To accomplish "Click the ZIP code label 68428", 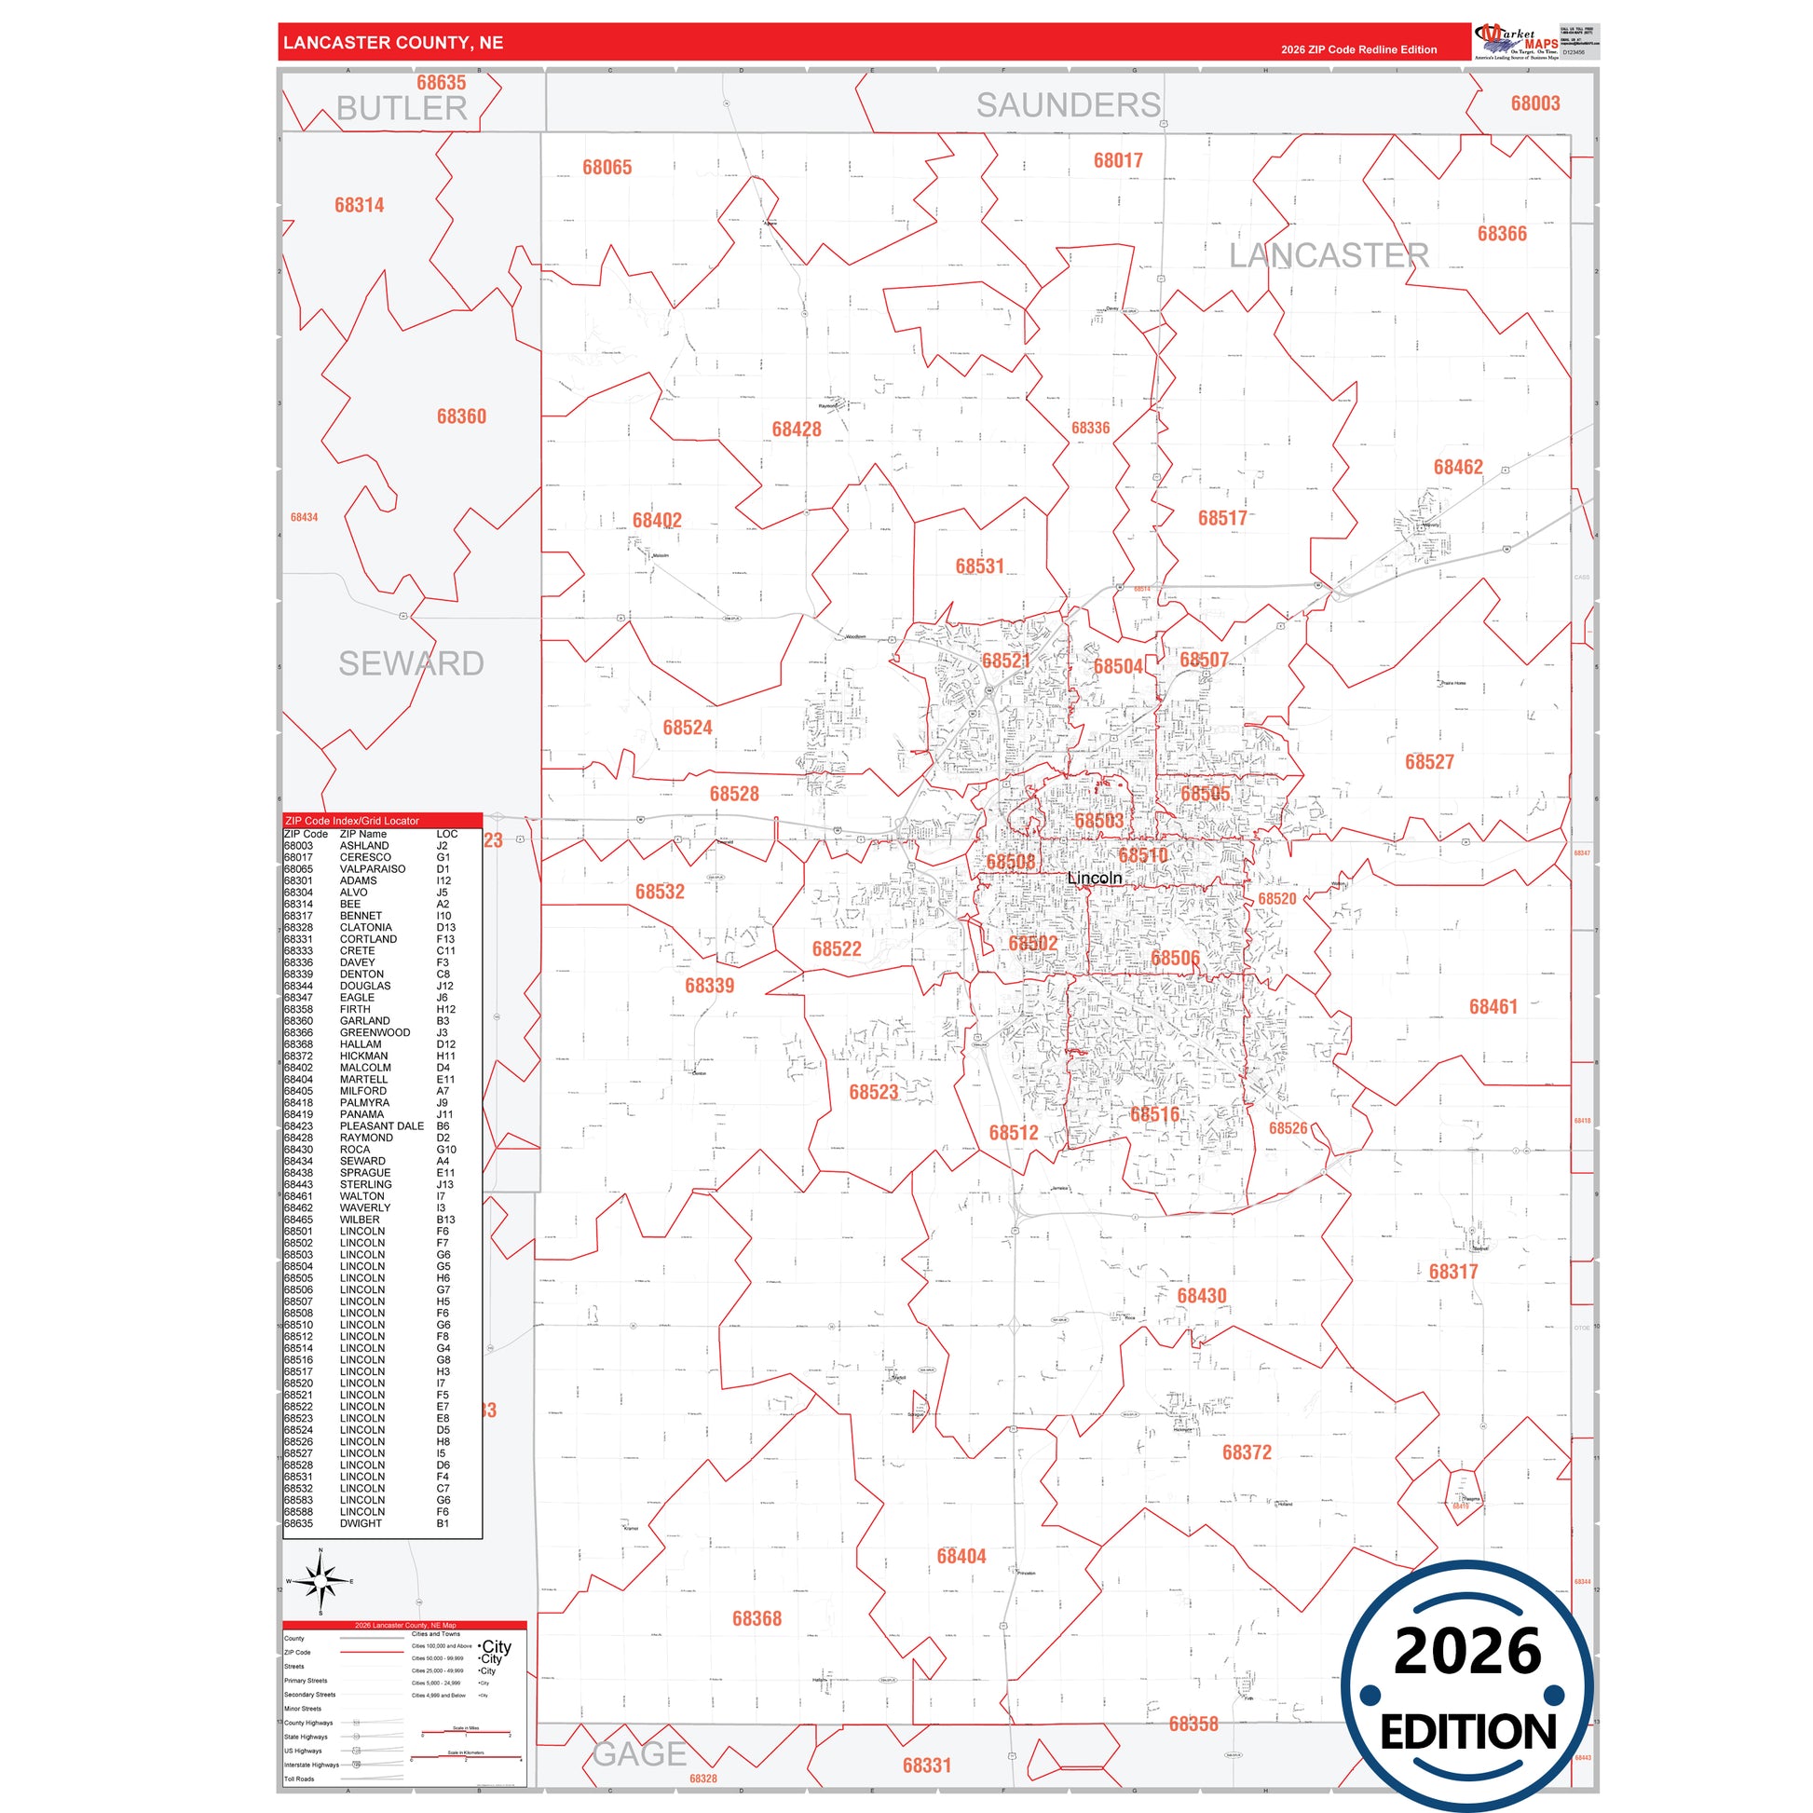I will (x=796, y=429).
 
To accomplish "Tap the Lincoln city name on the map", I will (x=1094, y=879).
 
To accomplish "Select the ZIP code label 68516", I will (x=1154, y=1115).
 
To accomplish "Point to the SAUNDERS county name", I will (x=1068, y=105).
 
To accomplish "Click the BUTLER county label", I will (x=402, y=109).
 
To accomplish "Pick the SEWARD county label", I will (x=411, y=663).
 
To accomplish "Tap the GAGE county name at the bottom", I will (x=640, y=1753).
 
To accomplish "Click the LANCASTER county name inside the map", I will (x=1329, y=255).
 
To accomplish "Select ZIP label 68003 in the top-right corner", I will (x=1535, y=104).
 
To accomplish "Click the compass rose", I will (x=320, y=1581).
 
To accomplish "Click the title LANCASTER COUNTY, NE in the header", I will (x=393, y=43).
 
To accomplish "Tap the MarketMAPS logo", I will (x=1517, y=42).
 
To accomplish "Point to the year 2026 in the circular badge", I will (x=1467, y=1652).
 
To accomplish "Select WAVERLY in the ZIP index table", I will (x=365, y=1207).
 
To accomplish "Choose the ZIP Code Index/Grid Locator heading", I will (x=352, y=820).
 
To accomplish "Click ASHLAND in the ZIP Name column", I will (x=364, y=846).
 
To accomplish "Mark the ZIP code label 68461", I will (x=1493, y=1007).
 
